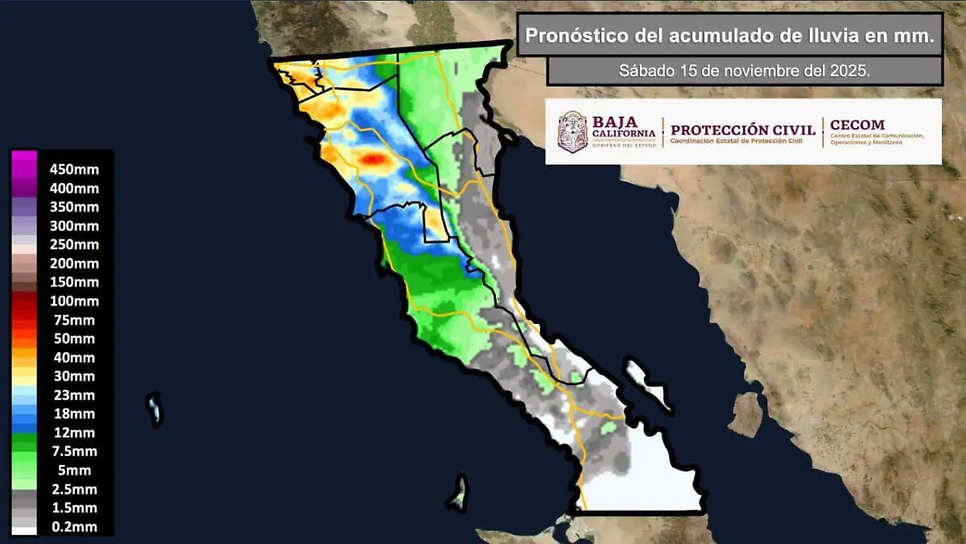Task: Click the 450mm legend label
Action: click(x=74, y=169)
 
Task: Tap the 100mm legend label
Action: click(x=74, y=301)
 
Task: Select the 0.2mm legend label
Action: click(x=74, y=527)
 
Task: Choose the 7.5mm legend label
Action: click(x=74, y=451)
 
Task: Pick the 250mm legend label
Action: click(x=74, y=244)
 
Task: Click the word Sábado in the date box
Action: click(x=645, y=70)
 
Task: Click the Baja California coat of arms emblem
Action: click(x=572, y=131)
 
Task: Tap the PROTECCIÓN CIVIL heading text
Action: click(x=742, y=130)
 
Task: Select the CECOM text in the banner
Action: click(x=857, y=125)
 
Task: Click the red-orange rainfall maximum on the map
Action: click(x=373, y=159)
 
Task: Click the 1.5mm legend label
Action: click(x=74, y=508)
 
